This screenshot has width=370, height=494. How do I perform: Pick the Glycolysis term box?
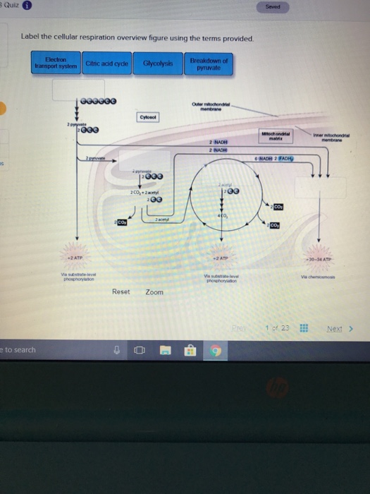click(156, 64)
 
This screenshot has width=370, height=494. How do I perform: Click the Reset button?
click(121, 291)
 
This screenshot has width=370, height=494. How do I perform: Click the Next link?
click(338, 328)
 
